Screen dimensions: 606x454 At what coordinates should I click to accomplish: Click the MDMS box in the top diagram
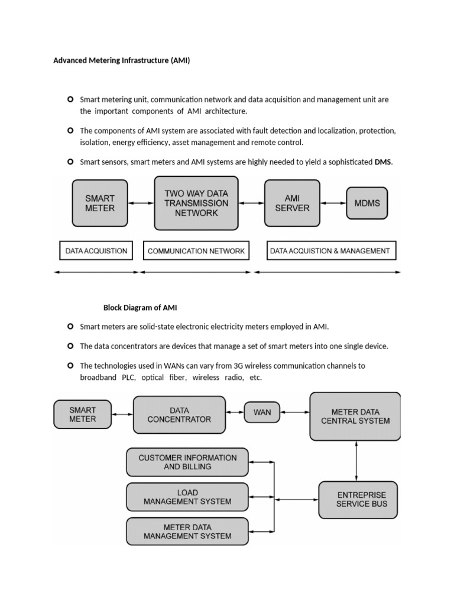[x=367, y=203]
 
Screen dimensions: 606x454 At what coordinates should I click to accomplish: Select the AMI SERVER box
[x=292, y=203]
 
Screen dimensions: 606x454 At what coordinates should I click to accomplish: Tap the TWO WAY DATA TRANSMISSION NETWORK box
[x=196, y=203]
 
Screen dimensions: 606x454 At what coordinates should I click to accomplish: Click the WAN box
[x=262, y=412]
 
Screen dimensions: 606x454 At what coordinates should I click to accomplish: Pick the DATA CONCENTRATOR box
[x=179, y=414]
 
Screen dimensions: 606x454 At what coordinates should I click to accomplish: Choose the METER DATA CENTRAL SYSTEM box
[x=355, y=416]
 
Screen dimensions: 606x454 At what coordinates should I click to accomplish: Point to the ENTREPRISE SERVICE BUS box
[x=358, y=499]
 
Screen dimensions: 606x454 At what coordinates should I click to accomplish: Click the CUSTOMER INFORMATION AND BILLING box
[x=187, y=462]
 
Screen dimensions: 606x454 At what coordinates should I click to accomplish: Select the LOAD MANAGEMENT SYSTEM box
[x=187, y=497]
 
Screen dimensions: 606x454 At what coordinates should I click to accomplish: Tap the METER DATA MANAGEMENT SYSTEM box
[x=187, y=531]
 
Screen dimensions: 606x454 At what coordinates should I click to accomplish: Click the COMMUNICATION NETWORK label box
[x=196, y=251]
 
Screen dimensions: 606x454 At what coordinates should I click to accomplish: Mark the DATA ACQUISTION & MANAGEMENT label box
[x=330, y=251]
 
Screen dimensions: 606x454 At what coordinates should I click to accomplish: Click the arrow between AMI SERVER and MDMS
[x=333, y=203]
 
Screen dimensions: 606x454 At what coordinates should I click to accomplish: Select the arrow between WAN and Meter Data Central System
[x=294, y=412]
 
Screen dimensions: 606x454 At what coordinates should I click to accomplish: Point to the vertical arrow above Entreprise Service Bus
[x=356, y=461]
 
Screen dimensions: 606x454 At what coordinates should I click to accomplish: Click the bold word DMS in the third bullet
[x=383, y=162]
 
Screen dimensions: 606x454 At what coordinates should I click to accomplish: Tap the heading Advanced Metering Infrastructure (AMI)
[x=122, y=60]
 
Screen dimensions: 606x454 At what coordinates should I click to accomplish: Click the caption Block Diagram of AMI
[x=140, y=308]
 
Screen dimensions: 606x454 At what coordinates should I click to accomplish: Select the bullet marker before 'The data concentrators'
[x=71, y=346]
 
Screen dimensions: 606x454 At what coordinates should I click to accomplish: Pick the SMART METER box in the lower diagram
[x=82, y=414]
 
